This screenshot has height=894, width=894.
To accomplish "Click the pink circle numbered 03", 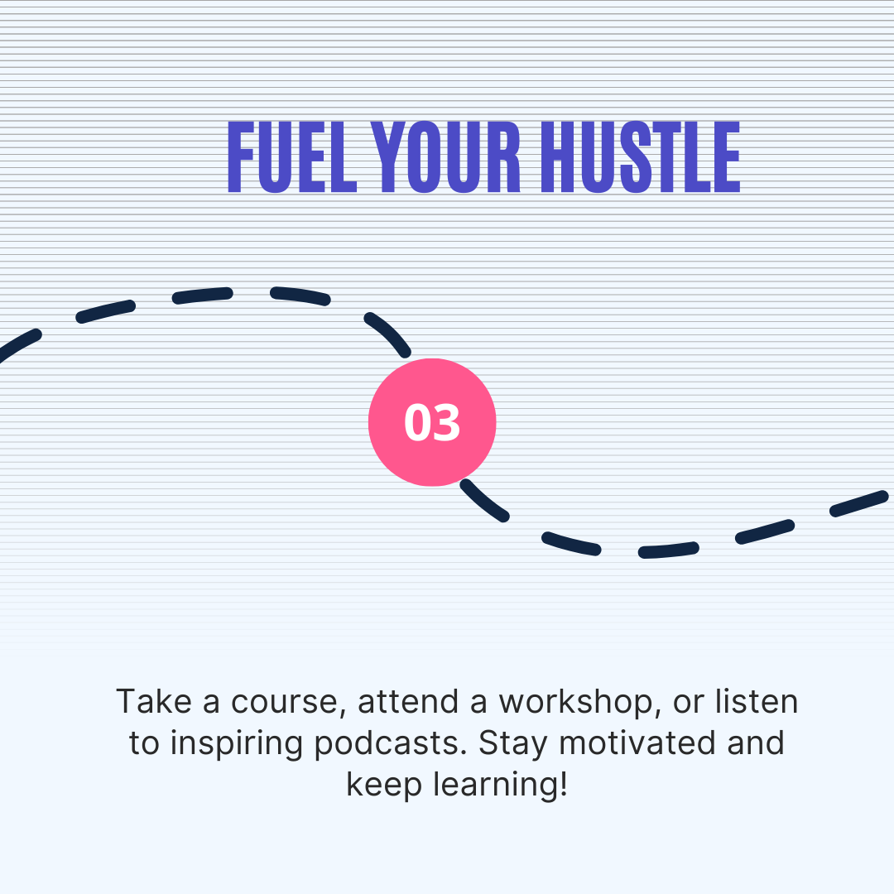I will (432, 422).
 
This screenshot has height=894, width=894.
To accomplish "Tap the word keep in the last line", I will (383, 785).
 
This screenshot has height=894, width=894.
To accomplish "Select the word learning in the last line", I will (494, 785).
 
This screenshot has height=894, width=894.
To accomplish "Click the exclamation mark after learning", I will (564, 783).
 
